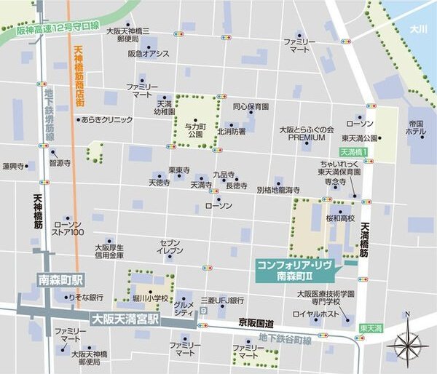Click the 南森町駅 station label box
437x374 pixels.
(x=60, y=279)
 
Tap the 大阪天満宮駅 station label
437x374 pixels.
(x=123, y=318)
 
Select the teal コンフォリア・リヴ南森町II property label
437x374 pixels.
(x=294, y=271)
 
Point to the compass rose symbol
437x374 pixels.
(x=407, y=342)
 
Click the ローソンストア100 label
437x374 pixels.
(x=68, y=228)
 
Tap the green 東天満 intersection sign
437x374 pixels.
(x=371, y=328)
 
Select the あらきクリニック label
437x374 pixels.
(x=107, y=119)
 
